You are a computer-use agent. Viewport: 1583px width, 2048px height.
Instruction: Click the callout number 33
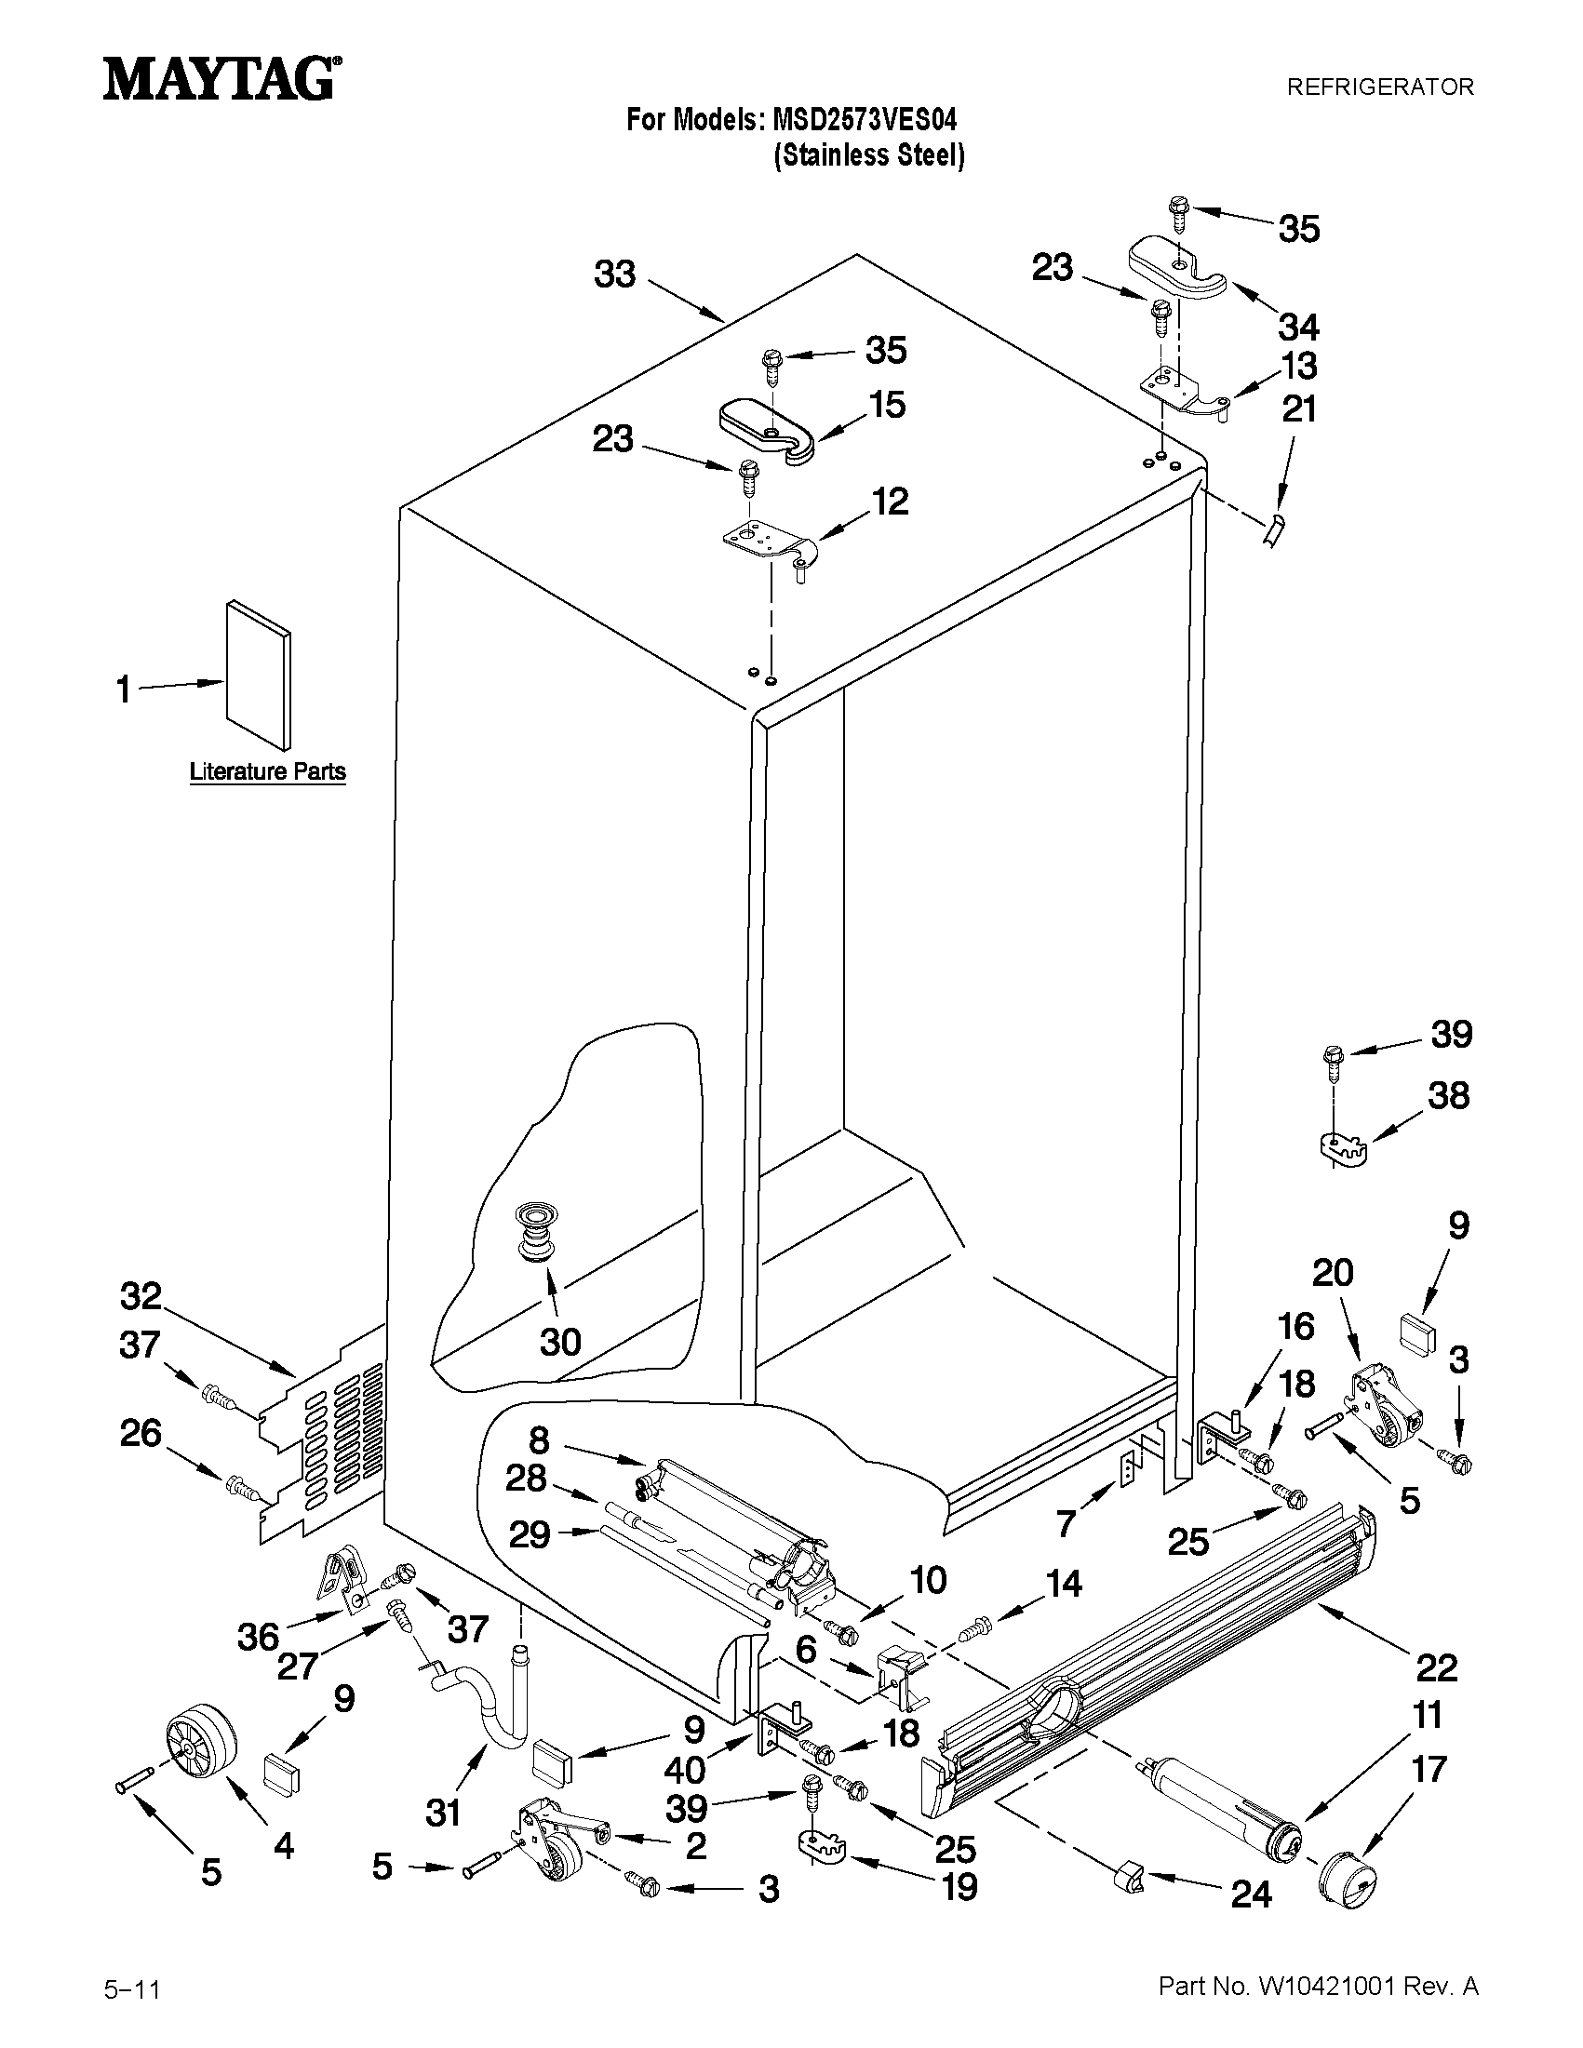point(614,274)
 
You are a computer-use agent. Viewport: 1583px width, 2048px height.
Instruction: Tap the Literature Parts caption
point(267,771)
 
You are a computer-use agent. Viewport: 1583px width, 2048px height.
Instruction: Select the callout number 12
point(890,502)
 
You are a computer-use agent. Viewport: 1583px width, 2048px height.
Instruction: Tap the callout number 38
point(1448,1095)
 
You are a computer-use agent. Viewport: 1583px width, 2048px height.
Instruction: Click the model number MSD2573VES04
point(864,120)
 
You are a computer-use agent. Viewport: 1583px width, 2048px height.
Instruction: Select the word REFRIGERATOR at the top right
point(1379,87)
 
